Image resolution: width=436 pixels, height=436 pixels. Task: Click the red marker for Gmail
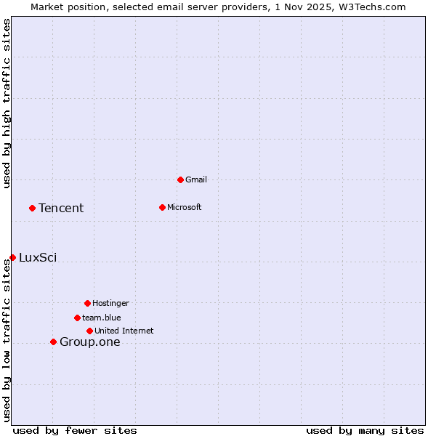click(180, 179)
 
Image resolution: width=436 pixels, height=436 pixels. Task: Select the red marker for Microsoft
click(162, 207)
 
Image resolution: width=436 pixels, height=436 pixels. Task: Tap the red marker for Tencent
click(32, 208)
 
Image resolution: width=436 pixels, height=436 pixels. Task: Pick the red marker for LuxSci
click(12, 257)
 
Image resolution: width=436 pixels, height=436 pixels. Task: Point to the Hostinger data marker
click(87, 303)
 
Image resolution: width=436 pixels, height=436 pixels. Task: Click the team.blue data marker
click(77, 318)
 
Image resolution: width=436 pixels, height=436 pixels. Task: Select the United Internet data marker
click(89, 331)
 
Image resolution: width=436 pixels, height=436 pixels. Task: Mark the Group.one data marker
click(53, 342)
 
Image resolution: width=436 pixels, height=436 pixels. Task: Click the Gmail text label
click(196, 179)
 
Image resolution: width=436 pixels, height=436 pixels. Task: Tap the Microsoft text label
click(185, 207)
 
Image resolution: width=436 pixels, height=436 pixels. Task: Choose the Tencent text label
click(61, 209)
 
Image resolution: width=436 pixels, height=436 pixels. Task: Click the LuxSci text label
click(38, 257)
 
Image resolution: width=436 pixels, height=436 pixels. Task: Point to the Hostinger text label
click(110, 303)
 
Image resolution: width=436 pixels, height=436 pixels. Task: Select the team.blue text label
click(102, 318)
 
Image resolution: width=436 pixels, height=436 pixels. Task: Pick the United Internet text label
click(124, 331)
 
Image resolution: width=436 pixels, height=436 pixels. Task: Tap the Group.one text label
click(90, 342)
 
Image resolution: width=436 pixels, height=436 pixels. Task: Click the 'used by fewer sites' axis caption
click(75, 430)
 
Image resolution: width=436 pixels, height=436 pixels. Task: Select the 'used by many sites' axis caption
click(365, 430)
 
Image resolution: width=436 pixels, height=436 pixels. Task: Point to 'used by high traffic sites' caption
click(7, 103)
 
